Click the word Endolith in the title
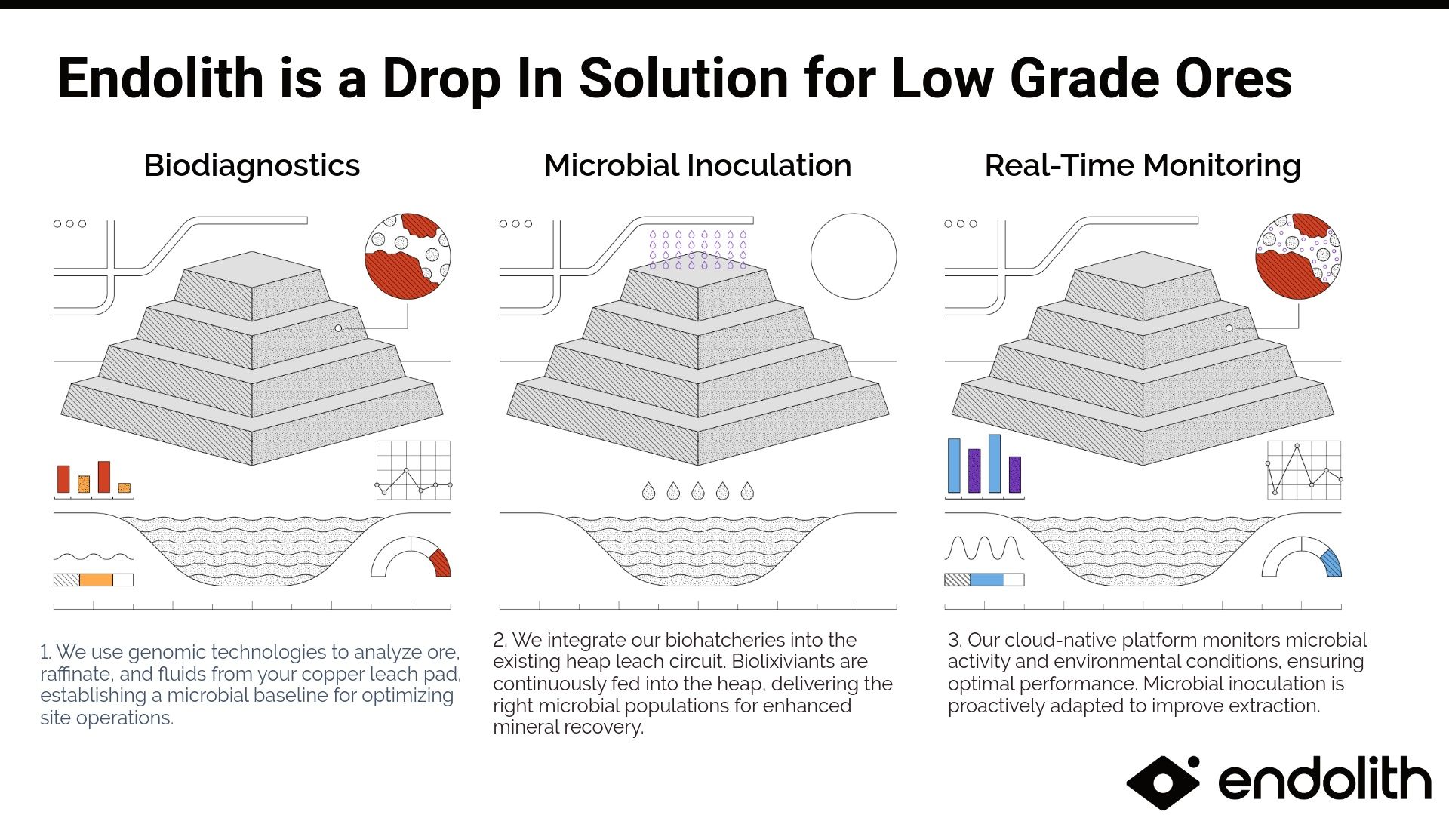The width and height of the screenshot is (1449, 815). point(160,78)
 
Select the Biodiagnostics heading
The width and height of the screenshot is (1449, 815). point(252,165)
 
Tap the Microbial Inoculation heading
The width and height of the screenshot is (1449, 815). point(697,165)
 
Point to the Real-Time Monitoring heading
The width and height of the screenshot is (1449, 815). point(1143,165)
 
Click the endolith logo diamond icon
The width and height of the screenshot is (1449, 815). point(1162,782)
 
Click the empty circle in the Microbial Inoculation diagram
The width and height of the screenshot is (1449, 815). point(854,256)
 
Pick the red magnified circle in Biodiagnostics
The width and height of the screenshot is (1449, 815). point(408,256)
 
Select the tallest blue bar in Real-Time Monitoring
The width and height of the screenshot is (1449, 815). point(995,463)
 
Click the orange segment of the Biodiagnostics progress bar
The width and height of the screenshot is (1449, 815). point(96,580)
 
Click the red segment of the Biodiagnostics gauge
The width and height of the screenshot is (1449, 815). point(441,563)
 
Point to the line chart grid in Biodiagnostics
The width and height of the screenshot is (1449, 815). point(413,470)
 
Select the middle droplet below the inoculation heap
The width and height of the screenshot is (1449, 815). point(698,491)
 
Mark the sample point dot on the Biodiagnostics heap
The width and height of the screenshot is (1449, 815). point(338,328)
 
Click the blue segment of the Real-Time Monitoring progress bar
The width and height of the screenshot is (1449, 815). point(986,580)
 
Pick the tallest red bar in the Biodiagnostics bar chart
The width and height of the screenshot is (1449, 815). point(104,477)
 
